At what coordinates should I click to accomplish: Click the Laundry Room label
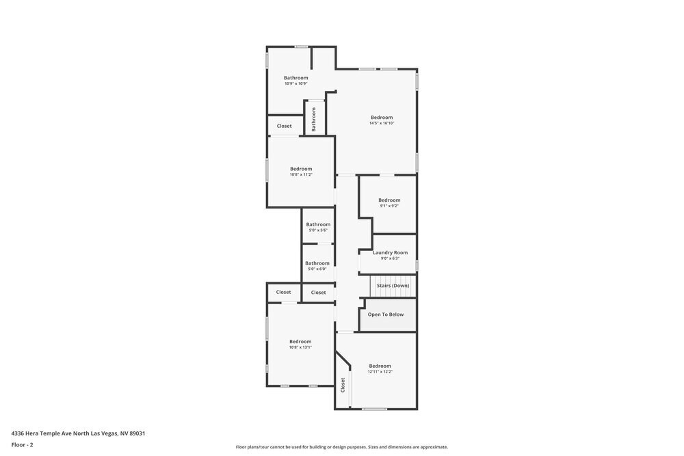click(x=390, y=253)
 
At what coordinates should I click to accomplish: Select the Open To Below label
click(x=386, y=314)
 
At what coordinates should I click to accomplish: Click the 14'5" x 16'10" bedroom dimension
click(x=382, y=123)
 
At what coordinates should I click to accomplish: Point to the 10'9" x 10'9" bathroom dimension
click(x=296, y=83)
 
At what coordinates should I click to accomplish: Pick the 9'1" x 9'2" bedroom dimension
click(x=389, y=206)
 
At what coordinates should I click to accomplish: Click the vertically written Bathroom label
click(x=314, y=120)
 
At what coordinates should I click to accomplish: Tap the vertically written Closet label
click(x=343, y=385)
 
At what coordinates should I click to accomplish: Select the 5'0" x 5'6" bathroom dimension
click(x=318, y=230)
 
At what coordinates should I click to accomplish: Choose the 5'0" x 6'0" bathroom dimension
click(x=317, y=269)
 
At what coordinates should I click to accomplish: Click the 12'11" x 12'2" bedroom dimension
click(x=380, y=372)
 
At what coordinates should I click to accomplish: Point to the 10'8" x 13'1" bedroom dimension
click(x=300, y=347)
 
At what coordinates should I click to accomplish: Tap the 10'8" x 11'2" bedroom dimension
click(x=301, y=174)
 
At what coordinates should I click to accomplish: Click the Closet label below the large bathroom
click(x=285, y=126)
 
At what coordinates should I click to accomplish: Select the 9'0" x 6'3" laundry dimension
click(x=390, y=258)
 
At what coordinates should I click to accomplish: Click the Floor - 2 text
click(x=22, y=444)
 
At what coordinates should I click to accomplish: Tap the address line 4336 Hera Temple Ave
click(x=78, y=433)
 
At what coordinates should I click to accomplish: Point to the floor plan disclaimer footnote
click(x=342, y=447)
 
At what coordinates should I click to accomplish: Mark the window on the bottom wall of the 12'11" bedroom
click(x=375, y=409)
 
